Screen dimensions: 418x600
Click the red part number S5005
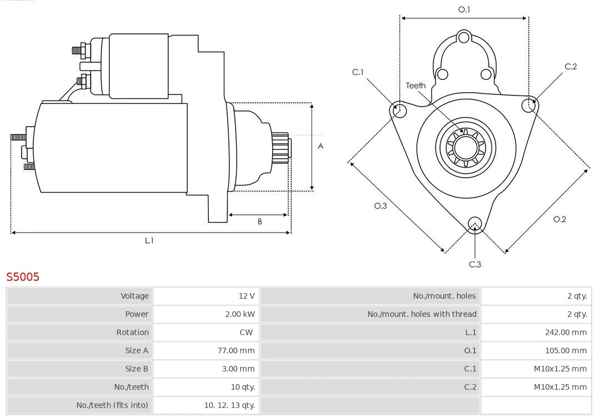pyautogui.click(x=23, y=276)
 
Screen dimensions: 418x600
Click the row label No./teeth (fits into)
pyautogui.click(x=112, y=405)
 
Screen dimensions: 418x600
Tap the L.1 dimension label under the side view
pyautogui.click(x=149, y=240)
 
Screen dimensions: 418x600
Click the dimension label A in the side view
pyautogui.click(x=321, y=147)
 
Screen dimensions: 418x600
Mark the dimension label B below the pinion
pyautogui.click(x=259, y=221)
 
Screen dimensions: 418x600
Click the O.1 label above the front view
pyautogui.click(x=464, y=9)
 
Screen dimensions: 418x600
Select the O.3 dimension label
pyautogui.click(x=380, y=206)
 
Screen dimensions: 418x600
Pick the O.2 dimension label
pyautogui.click(x=559, y=219)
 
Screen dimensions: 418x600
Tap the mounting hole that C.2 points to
pyautogui.click(x=529, y=105)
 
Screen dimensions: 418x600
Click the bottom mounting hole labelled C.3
pyautogui.click(x=474, y=224)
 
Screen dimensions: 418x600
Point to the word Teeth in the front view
pyautogui.click(x=416, y=85)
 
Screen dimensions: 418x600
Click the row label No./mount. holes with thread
pyautogui.click(x=422, y=314)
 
